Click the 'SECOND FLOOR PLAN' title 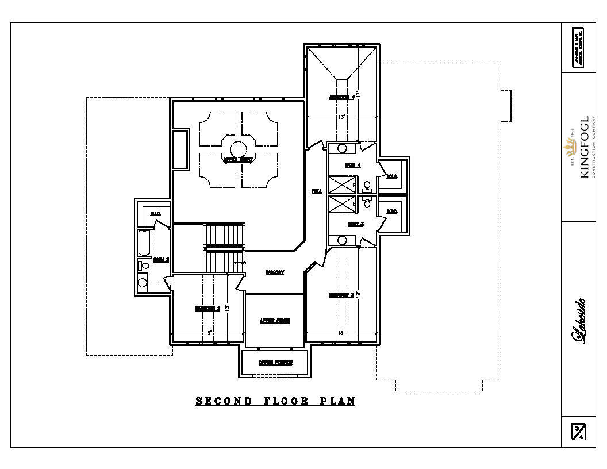pyautogui.click(x=275, y=401)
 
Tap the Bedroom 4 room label pyautogui.click(x=341, y=97)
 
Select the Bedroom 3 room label pyautogui.click(x=341, y=295)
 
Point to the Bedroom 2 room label pyautogui.click(x=208, y=309)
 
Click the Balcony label pyautogui.click(x=274, y=272)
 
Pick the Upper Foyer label pyautogui.click(x=274, y=321)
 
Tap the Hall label pyautogui.click(x=316, y=191)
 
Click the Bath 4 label pyautogui.click(x=352, y=165)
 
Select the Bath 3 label pyautogui.click(x=355, y=224)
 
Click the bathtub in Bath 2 pyautogui.click(x=144, y=243)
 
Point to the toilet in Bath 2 pyautogui.click(x=144, y=265)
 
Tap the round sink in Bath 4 pyautogui.click(x=342, y=148)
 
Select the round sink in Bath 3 pyautogui.click(x=342, y=240)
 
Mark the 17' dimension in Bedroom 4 pyautogui.click(x=358, y=94)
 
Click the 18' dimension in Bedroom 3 pyautogui.click(x=358, y=295)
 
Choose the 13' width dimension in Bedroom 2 pyautogui.click(x=208, y=333)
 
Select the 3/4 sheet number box pyautogui.click(x=579, y=431)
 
